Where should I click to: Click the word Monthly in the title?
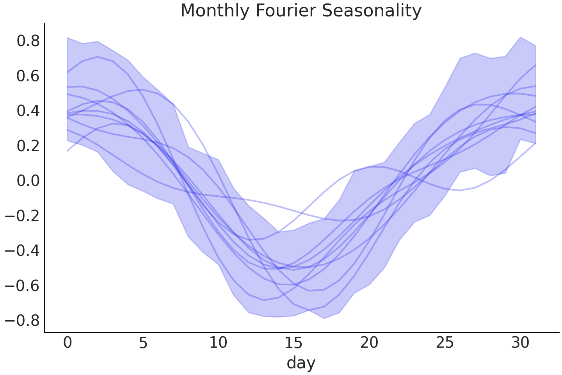tap(215, 11)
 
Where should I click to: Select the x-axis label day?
tap(301, 363)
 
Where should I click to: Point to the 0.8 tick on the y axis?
tap(28, 41)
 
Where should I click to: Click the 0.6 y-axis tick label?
tap(28, 76)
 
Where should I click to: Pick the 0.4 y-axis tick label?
tap(28, 111)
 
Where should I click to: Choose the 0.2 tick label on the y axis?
tap(28, 146)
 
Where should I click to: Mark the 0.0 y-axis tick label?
tap(28, 181)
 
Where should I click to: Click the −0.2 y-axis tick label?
tap(23, 216)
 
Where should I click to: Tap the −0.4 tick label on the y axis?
tap(23, 251)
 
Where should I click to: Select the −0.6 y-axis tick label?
tap(23, 286)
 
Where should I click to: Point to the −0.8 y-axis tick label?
tap(23, 321)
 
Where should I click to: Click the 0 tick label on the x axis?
tap(68, 343)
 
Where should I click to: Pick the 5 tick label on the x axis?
tap(143, 343)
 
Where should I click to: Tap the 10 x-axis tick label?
tap(218, 343)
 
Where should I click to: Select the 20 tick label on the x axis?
tap(369, 343)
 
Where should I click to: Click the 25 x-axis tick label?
tap(445, 343)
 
